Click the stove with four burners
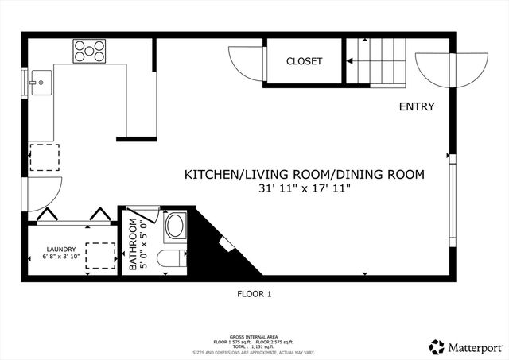(x=90, y=52)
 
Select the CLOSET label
(x=304, y=61)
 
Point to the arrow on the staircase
(x=350, y=61)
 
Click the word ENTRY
(x=416, y=106)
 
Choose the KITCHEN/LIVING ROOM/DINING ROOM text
(x=305, y=174)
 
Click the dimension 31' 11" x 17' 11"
(x=305, y=188)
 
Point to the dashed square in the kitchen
(x=44, y=157)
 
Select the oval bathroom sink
(x=173, y=226)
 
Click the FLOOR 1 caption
(x=254, y=294)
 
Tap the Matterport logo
(x=466, y=346)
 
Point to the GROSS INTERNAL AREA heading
(x=254, y=338)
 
